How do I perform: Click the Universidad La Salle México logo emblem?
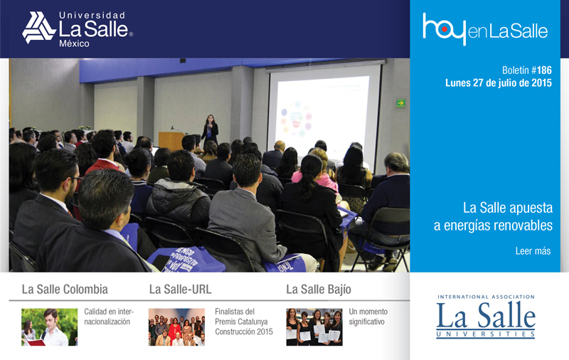[x=39, y=28]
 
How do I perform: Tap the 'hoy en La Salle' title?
[x=485, y=29]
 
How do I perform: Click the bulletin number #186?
[x=544, y=70]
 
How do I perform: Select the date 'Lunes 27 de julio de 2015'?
[x=499, y=83]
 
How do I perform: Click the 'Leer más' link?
[x=533, y=250]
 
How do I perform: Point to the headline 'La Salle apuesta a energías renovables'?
[x=493, y=216]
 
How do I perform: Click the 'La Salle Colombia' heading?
[x=65, y=290]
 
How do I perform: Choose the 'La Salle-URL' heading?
[x=181, y=290]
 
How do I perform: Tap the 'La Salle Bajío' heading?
[x=319, y=290]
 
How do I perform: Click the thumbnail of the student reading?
[x=49, y=327]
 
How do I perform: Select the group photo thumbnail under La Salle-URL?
[x=176, y=327]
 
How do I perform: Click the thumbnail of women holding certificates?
[x=314, y=327]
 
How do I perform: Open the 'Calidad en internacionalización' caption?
[x=109, y=317]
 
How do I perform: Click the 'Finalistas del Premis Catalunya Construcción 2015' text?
[x=244, y=322]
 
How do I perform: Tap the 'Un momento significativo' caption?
[x=368, y=317]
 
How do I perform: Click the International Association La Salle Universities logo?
[x=486, y=317]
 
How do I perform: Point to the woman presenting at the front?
[x=210, y=130]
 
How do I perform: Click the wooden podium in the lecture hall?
[x=171, y=141]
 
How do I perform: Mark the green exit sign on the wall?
[x=400, y=103]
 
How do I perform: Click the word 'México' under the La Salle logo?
[x=74, y=44]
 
